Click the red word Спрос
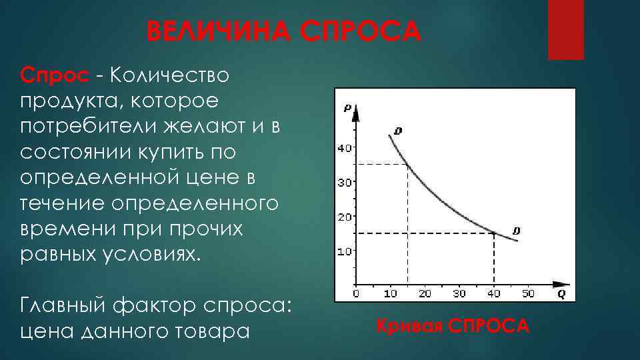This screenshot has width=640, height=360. [53, 75]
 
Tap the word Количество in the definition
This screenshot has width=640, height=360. [169, 75]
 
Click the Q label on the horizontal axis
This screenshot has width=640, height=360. [561, 293]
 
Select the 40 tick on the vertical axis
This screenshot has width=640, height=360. [344, 148]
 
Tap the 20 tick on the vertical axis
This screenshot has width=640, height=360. [344, 217]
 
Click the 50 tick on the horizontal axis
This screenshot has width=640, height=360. [527, 293]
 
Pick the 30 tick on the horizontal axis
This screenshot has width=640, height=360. [459, 293]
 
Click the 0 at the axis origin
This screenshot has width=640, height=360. [356, 293]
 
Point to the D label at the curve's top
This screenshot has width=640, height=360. [398, 131]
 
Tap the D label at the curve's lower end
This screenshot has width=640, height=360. [516, 231]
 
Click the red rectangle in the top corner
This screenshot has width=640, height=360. [565, 29]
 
